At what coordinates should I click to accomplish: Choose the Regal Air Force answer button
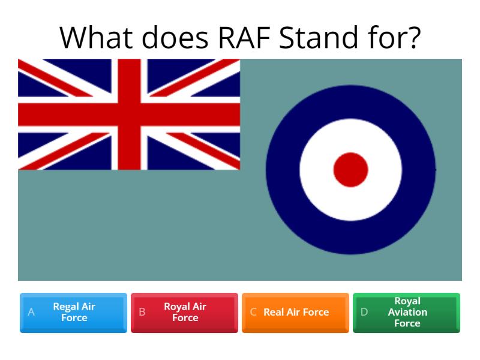[x=73, y=313]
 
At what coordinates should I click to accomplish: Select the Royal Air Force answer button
[x=184, y=313]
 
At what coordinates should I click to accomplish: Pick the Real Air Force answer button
[x=295, y=313]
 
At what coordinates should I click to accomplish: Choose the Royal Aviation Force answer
[x=406, y=313]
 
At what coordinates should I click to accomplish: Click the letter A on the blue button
[x=31, y=312]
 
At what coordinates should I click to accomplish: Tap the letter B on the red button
[x=142, y=312]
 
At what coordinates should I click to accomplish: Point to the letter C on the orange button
[x=253, y=312]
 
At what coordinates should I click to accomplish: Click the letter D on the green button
[x=364, y=312]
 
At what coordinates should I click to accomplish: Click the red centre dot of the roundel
[x=350, y=170]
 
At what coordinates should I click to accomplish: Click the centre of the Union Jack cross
[x=128, y=114]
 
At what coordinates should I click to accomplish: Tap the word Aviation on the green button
[x=407, y=312]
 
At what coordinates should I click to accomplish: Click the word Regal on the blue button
[x=65, y=307]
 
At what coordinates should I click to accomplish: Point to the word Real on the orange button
[x=274, y=312]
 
